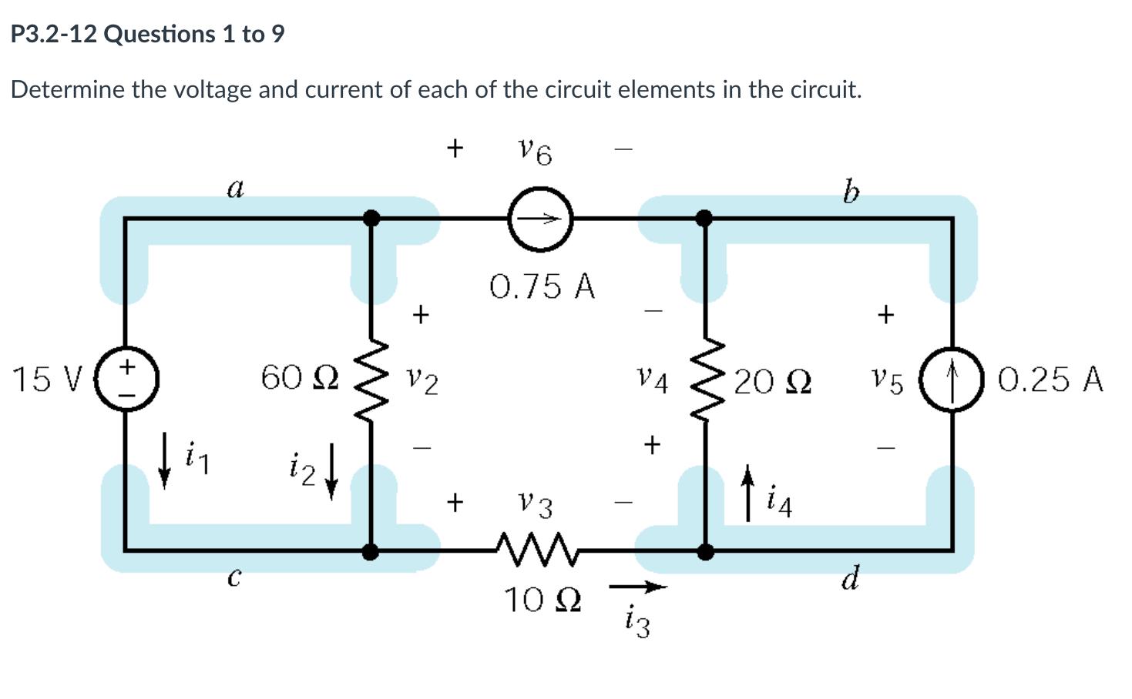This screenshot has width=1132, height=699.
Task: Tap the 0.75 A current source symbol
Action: coord(541,219)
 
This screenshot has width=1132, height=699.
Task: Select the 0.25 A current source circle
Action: coord(953,380)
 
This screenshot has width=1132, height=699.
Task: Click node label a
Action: coord(235,187)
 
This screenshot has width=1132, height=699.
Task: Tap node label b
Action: coord(850,190)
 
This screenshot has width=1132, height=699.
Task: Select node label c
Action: coord(235,576)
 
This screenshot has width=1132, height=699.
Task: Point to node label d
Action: coord(850,578)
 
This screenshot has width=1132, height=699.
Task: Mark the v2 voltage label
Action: coord(423,380)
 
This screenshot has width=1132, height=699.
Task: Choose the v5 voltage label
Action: coord(887,380)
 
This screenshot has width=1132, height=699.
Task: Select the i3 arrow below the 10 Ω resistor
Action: coord(637,588)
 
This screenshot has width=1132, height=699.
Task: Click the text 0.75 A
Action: coord(542,286)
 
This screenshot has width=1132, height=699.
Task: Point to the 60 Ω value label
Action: coord(299,377)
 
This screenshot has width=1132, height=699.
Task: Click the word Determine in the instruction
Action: coord(67,90)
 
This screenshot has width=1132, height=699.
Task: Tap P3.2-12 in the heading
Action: coord(52,34)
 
